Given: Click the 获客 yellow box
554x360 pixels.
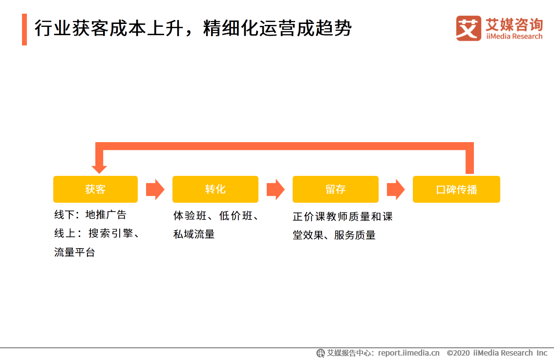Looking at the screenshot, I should click(x=95, y=189).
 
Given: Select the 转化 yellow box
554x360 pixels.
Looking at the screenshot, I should click(x=215, y=189).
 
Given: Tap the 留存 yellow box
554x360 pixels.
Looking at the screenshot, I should click(x=335, y=189).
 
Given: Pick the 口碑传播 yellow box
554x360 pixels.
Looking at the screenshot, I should click(x=456, y=189).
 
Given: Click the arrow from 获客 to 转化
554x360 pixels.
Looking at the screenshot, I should click(x=155, y=190).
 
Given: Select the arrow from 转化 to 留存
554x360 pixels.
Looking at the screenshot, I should click(x=275, y=190).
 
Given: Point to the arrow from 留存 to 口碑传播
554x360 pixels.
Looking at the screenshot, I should click(x=395, y=190).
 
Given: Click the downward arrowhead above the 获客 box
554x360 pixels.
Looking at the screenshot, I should click(x=99, y=169).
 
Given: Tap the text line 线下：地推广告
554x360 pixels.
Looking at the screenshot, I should click(x=90, y=215).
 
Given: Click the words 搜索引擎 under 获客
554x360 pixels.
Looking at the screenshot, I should click(x=110, y=233).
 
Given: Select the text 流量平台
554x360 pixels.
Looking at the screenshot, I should click(x=74, y=253).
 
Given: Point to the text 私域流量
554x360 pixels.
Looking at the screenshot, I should click(x=194, y=234).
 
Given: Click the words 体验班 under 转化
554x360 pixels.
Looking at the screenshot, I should click(x=190, y=215).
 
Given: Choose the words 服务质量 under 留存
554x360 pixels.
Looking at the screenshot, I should click(x=355, y=235).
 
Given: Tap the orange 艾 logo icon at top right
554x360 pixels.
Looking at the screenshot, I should click(x=469, y=28).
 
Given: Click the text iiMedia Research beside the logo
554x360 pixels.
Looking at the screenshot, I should click(x=514, y=37).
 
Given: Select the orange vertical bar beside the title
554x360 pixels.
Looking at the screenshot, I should click(x=24, y=29).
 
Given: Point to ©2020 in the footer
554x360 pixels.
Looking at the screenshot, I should click(x=458, y=353).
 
